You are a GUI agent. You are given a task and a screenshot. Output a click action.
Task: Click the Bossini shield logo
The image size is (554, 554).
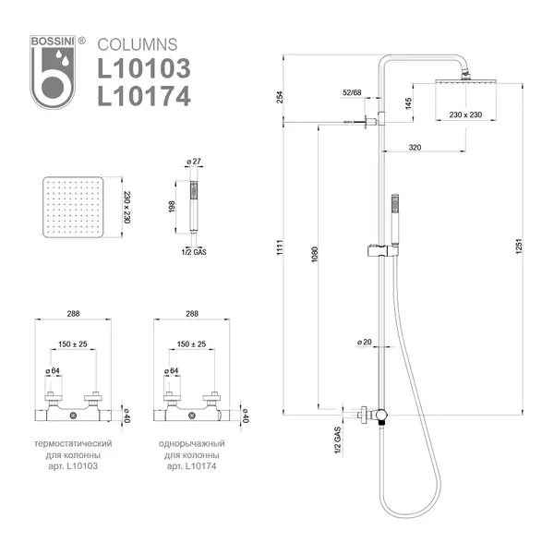click(x=53, y=72)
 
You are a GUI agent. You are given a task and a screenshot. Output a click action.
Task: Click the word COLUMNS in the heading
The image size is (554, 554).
click(x=138, y=45)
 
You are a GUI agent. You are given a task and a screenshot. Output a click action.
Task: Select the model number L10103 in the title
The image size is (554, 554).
click(x=144, y=68)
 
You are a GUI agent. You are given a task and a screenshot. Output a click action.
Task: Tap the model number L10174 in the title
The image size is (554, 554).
click(x=144, y=96)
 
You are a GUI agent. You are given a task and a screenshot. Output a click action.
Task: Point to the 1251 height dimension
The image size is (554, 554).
click(x=519, y=247)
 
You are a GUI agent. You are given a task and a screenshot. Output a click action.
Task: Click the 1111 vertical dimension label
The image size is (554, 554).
click(x=280, y=247)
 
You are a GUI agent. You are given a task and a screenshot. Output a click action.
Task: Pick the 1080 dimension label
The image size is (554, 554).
click(x=315, y=254)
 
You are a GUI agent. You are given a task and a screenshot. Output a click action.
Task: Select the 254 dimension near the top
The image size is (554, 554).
click(x=280, y=97)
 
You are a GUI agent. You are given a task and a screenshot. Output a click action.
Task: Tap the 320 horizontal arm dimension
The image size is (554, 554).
click(x=415, y=148)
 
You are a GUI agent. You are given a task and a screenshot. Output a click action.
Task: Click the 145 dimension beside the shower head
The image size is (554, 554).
click(x=408, y=103)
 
